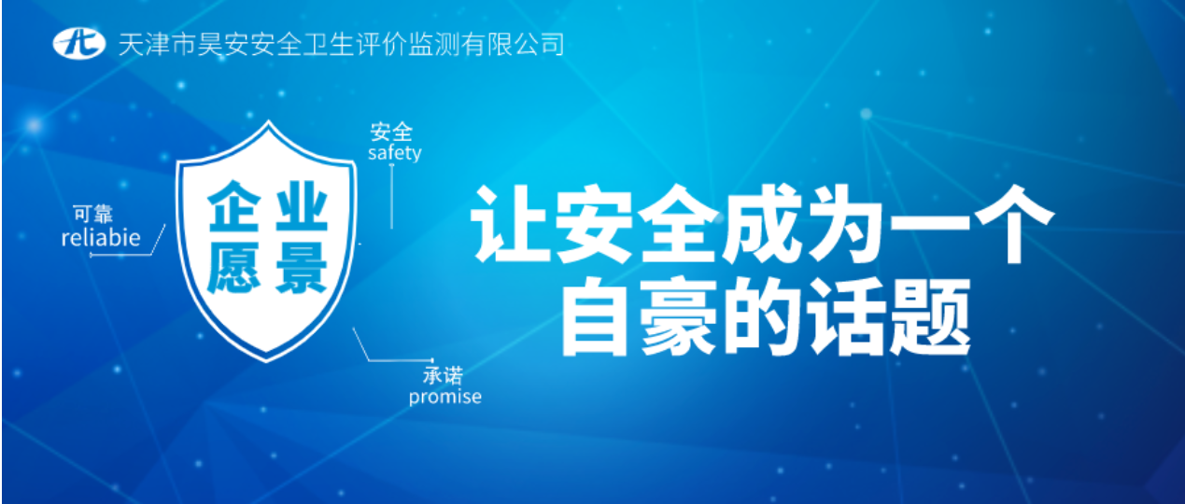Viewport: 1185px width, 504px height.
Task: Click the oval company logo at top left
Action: pos(78,43)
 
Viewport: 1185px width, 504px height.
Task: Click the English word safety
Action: pos(395,153)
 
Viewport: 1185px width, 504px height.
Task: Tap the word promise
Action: pos(444,398)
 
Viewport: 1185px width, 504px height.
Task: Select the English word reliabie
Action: pos(101,238)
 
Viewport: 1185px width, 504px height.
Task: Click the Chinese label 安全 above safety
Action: pos(391,133)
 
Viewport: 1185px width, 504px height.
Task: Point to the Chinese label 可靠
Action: pos(93,214)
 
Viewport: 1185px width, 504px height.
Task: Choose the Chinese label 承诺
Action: pos(443,376)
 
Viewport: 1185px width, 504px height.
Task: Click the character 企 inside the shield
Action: pos(234,207)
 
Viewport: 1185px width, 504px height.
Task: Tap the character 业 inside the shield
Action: pos(302,207)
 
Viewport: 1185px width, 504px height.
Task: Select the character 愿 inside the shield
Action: pos(234,268)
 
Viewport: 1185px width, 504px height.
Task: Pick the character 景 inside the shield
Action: pos(302,268)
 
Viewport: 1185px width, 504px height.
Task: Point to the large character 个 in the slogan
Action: pos(1013,223)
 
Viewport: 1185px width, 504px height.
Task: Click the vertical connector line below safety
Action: pos(391,197)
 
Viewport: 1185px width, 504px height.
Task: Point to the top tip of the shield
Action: pos(268,120)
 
